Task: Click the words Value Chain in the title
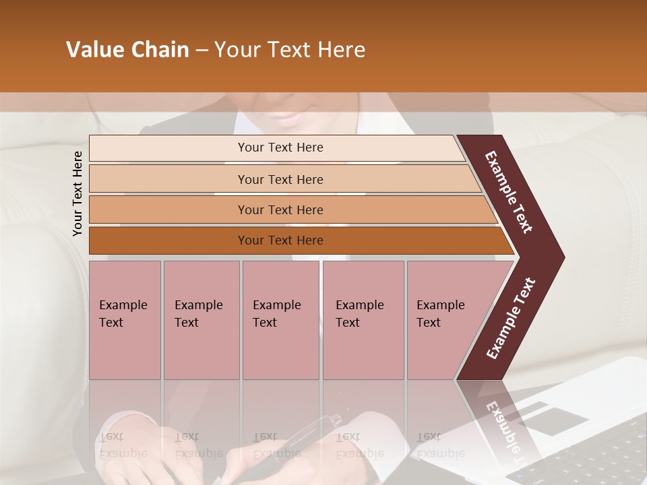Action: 127,50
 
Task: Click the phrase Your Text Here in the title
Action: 290,50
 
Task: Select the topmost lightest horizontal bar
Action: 280,148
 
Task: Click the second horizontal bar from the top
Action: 280,179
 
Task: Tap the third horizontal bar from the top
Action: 280,209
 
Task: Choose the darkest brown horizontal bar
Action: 280,240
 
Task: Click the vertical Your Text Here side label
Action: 78,193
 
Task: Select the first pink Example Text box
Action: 125,320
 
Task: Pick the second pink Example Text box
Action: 201,320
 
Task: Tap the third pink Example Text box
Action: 280,320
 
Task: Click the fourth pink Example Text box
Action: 363,320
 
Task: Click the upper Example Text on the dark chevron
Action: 509,192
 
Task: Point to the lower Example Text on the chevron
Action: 511,318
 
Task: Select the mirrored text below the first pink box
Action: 123,445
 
